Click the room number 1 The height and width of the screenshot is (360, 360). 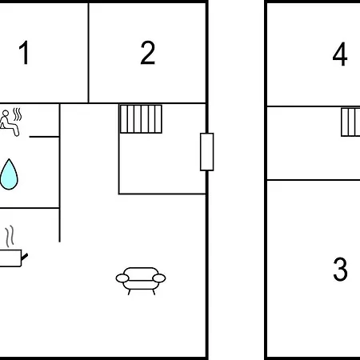[x=25, y=53]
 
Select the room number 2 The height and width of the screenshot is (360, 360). [x=147, y=53]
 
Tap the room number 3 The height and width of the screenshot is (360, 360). [x=340, y=269]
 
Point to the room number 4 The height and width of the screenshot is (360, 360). [x=340, y=54]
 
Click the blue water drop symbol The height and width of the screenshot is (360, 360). [x=9, y=174]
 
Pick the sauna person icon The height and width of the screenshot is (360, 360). [x=10, y=122]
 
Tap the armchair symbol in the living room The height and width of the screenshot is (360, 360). [x=141, y=281]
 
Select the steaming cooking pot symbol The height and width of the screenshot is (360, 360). [x=12, y=246]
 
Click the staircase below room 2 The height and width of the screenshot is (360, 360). [x=141, y=119]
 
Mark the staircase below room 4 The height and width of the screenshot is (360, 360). [x=350, y=122]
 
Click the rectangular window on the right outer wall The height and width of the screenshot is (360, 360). [x=207, y=152]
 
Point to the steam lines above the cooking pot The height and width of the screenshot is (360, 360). [x=10, y=237]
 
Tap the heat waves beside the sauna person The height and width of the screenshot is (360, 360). [x=18, y=114]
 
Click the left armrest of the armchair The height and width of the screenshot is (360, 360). [x=122, y=278]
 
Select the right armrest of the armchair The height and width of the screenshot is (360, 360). [x=159, y=278]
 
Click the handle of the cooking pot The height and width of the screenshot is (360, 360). [x=25, y=257]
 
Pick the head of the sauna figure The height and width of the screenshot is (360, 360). [x=6, y=113]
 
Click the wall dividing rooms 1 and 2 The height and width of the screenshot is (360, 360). [x=88, y=53]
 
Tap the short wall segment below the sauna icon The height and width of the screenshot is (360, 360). [x=44, y=137]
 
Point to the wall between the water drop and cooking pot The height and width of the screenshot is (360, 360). [x=30, y=208]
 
